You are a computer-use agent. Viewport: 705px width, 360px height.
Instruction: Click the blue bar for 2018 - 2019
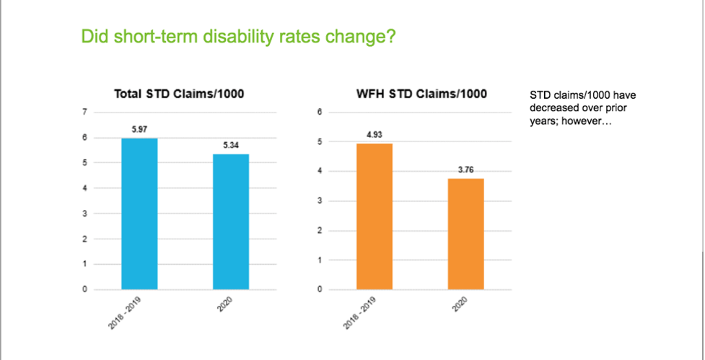click(x=140, y=214)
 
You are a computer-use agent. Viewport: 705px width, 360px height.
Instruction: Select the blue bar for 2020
click(x=236, y=221)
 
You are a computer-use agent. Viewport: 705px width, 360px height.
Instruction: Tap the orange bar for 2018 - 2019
click(x=374, y=216)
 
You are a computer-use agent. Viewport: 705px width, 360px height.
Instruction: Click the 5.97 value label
click(x=140, y=130)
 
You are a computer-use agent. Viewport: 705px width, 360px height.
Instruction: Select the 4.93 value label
click(x=374, y=135)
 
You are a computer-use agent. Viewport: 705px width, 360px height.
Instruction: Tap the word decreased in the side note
click(x=554, y=107)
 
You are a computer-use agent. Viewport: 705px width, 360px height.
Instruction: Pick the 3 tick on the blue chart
click(x=85, y=214)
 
